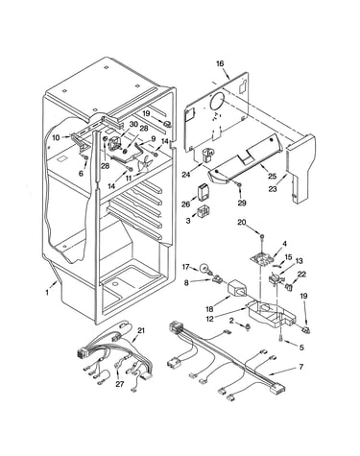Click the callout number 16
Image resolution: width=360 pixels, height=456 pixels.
click(x=220, y=63)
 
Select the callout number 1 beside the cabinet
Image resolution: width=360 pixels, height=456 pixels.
click(x=47, y=292)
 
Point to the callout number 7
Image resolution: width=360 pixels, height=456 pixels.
click(x=300, y=367)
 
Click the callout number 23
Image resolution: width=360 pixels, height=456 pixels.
click(x=273, y=189)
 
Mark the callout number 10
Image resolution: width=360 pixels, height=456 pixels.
click(x=56, y=138)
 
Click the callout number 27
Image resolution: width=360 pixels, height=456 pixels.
click(x=119, y=384)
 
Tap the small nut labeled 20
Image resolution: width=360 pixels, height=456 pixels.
click(x=262, y=237)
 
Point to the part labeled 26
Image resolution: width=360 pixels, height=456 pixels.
click(x=203, y=192)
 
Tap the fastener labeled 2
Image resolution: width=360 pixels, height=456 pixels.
click(x=248, y=326)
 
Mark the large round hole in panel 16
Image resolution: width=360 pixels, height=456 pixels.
click(x=218, y=103)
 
